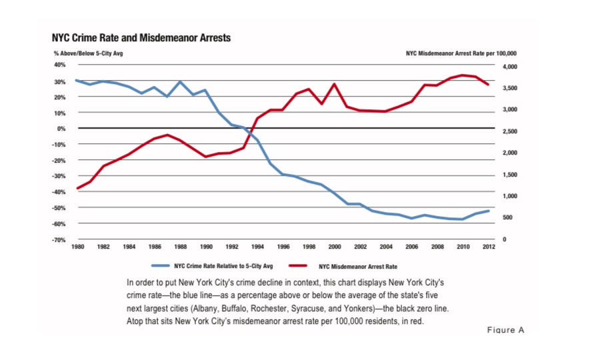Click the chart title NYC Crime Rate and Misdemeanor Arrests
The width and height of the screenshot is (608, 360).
(x=141, y=37)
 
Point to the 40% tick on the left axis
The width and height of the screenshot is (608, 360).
(x=59, y=65)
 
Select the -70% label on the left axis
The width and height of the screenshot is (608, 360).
(x=59, y=239)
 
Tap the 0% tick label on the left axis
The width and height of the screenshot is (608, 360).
(x=61, y=128)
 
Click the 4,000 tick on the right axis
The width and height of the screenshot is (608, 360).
(x=509, y=67)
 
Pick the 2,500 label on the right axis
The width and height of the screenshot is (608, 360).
(x=509, y=131)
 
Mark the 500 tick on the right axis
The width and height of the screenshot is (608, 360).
(x=507, y=218)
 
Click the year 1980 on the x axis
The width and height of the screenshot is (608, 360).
(x=77, y=247)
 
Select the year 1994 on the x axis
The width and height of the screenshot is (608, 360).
(x=258, y=247)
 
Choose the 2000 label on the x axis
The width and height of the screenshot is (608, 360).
(x=335, y=247)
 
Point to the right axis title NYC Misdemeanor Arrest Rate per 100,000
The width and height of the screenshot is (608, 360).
(x=461, y=53)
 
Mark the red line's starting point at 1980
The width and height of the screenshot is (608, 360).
(x=77, y=189)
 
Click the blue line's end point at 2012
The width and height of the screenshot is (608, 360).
(x=489, y=211)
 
